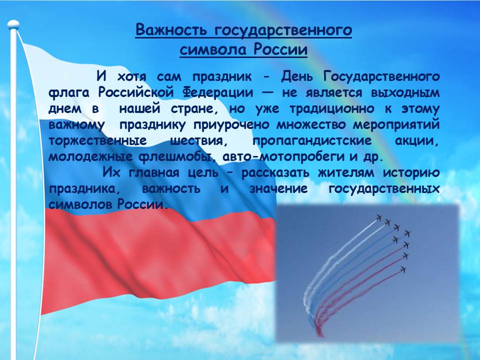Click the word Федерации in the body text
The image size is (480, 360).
pyautogui.click(x=218, y=93)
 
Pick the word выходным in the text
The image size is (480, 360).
pyautogui.click(x=405, y=93)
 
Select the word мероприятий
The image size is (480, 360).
pyautogui.click(x=396, y=125)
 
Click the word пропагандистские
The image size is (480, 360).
pyautogui.click(x=312, y=141)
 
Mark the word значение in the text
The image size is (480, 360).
pyautogui.click(x=278, y=189)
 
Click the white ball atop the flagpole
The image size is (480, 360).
pyautogui.click(x=13, y=25)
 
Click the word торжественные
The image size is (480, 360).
pyautogui.click(x=97, y=141)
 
